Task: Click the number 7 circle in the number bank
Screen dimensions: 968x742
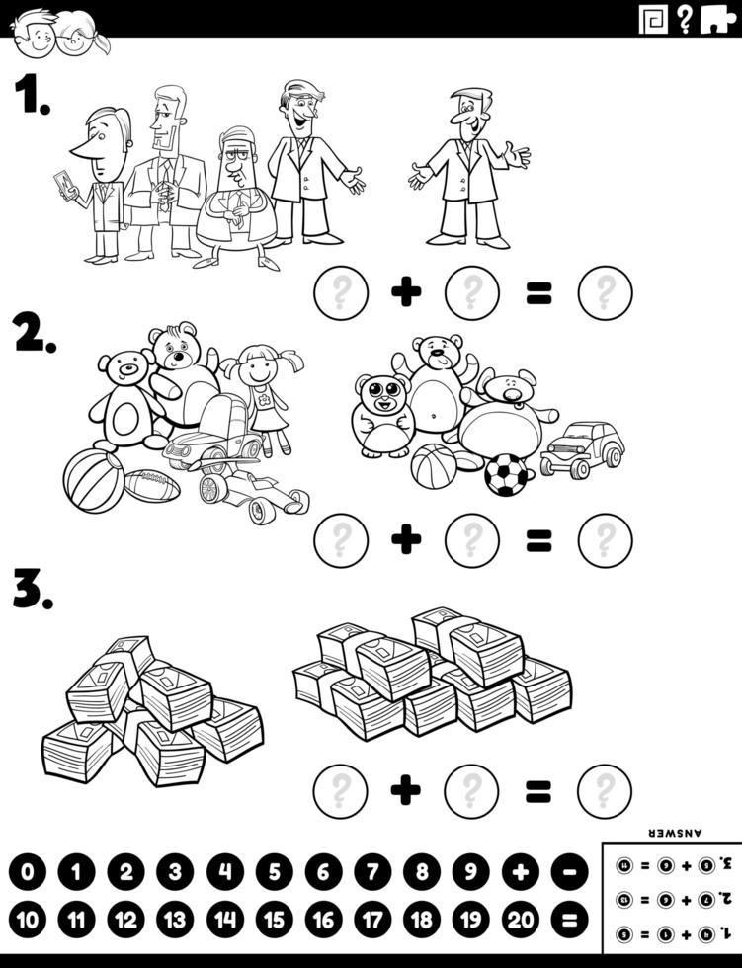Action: pyautogui.click(x=372, y=872)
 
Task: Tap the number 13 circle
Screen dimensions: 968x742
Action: pyautogui.click(x=175, y=922)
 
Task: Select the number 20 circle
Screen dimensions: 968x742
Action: pyautogui.click(x=520, y=922)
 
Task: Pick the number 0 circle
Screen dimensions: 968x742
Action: pyautogui.click(x=28, y=872)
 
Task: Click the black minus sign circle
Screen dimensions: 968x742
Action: pyautogui.click(x=568, y=872)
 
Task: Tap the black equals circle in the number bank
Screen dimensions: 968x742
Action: pyautogui.click(x=568, y=922)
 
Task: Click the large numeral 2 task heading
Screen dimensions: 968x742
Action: pyautogui.click(x=33, y=335)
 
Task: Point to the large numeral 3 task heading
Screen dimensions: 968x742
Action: pyautogui.click(x=31, y=589)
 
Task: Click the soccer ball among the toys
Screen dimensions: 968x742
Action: pyautogui.click(x=506, y=474)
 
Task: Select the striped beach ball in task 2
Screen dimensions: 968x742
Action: pyautogui.click(x=94, y=480)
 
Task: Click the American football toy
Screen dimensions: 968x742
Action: pyautogui.click(x=152, y=485)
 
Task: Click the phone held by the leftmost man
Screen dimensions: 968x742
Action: pyautogui.click(x=65, y=185)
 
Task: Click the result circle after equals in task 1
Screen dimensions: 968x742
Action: pyautogui.click(x=605, y=292)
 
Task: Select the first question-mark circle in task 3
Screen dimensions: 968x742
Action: pyautogui.click(x=341, y=791)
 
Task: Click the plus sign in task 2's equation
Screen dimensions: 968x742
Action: pyautogui.click(x=405, y=540)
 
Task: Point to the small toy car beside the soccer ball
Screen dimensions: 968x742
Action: pyautogui.click(x=582, y=449)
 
